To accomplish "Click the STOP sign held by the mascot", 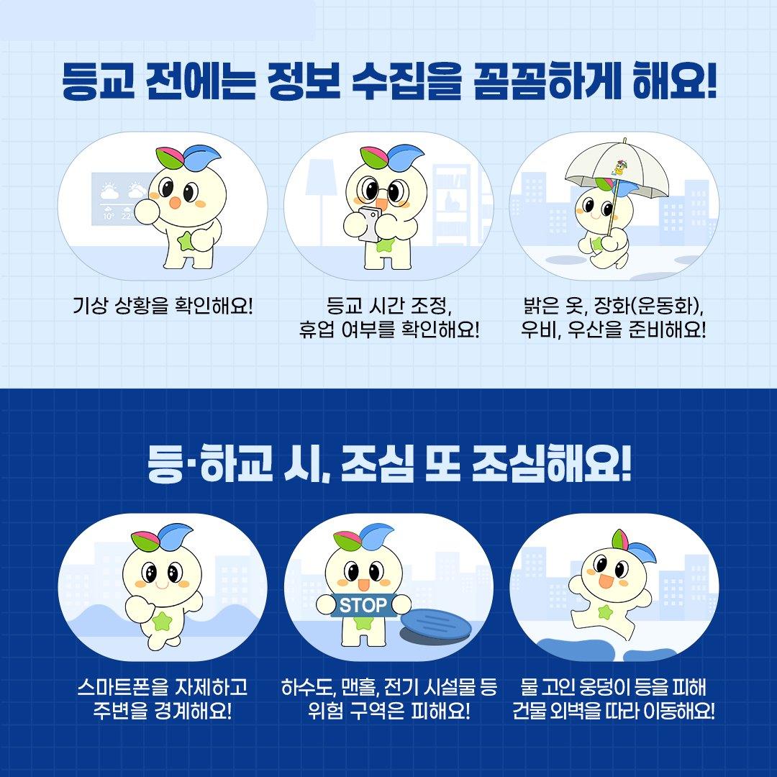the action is (363, 605).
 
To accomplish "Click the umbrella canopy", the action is (617, 169).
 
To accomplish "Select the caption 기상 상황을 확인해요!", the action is (163, 305).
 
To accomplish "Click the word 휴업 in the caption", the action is (317, 329).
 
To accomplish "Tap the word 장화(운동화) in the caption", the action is (647, 306).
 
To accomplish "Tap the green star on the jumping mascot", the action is (605, 612).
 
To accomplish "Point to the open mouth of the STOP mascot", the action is (363, 585).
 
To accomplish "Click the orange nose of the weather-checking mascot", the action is (175, 202).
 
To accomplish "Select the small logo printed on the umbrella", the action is (619, 168).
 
